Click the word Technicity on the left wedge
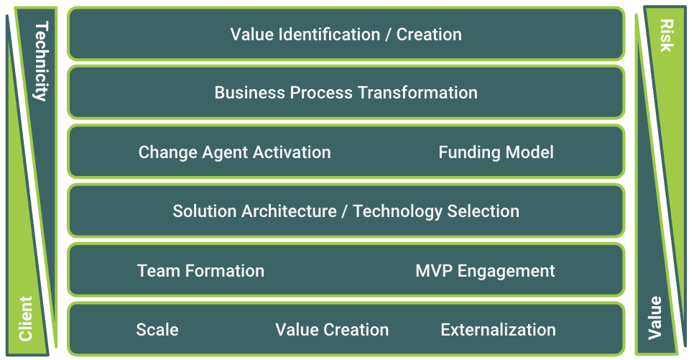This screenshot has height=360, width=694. (x=41, y=62)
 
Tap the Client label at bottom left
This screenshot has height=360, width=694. (x=26, y=319)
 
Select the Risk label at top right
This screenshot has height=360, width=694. (x=667, y=35)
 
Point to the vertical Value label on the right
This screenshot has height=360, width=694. (x=655, y=318)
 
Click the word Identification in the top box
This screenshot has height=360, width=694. (x=329, y=34)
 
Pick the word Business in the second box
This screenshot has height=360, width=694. (x=249, y=93)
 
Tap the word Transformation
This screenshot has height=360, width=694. (x=417, y=93)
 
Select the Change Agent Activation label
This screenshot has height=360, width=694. (x=235, y=152)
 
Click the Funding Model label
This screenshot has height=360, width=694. (x=496, y=152)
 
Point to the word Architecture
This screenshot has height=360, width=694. (x=289, y=211)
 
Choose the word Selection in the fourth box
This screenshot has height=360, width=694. (x=484, y=211)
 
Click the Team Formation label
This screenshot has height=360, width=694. (x=201, y=271)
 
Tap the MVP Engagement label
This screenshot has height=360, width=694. (x=485, y=271)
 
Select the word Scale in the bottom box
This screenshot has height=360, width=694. (x=157, y=330)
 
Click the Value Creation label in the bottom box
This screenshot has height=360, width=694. (x=332, y=330)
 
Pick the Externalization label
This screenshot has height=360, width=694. (x=499, y=330)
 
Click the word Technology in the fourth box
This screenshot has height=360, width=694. (x=398, y=212)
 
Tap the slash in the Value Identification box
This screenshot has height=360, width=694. (x=388, y=34)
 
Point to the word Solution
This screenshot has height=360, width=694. (x=205, y=211)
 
